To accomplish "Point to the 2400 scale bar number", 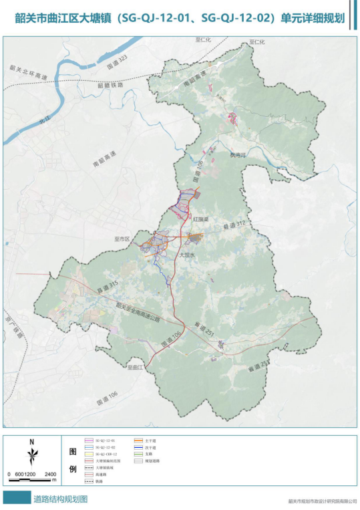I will tap(51, 474).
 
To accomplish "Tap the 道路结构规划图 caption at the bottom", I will tap(60, 499).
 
